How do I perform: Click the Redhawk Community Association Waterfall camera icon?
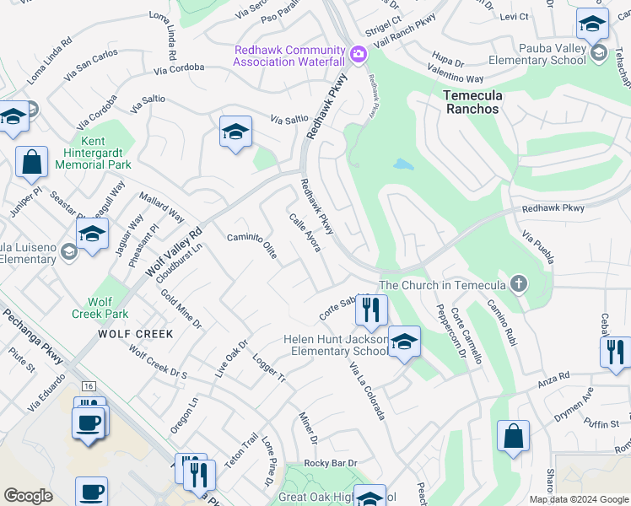359,55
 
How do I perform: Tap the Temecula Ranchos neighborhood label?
472,102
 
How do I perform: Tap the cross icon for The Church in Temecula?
519,284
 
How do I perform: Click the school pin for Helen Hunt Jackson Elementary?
404,342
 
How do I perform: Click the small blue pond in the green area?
403,164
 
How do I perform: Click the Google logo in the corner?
29,496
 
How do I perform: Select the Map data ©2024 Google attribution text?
579,499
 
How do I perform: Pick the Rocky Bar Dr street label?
331,463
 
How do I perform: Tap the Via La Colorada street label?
368,390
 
